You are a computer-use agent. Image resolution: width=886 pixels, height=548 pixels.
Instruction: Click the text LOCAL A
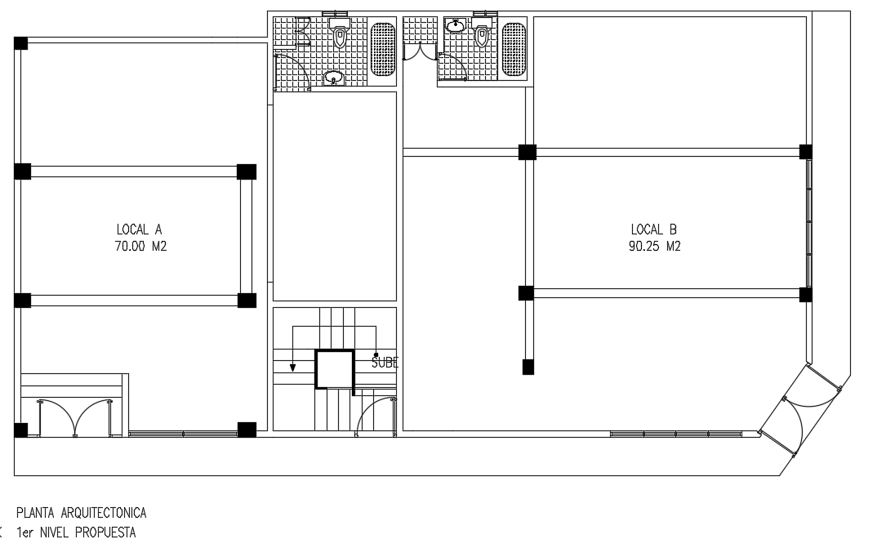[139, 229]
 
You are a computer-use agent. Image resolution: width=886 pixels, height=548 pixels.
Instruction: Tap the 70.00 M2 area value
[140, 247]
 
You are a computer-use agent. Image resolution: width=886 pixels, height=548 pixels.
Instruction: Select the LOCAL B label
[654, 229]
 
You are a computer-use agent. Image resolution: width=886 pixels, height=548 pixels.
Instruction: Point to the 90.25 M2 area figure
[654, 247]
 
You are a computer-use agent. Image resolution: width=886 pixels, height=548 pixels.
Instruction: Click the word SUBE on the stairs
[385, 363]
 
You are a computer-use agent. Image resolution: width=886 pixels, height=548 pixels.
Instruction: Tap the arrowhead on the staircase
[292, 368]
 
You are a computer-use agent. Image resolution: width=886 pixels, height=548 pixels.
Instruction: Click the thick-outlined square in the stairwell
[335, 369]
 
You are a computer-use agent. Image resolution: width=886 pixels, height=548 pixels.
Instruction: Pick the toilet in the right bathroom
[481, 32]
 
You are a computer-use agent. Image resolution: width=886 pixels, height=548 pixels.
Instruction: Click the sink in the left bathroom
[334, 78]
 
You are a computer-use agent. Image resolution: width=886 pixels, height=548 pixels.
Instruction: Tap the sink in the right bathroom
[455, 25]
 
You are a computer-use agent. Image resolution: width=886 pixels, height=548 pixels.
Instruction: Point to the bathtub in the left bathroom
[383, 49]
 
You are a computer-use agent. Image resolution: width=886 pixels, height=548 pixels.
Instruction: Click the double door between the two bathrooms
[419, 52]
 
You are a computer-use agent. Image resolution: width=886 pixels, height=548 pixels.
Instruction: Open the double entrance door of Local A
[74, 417]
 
